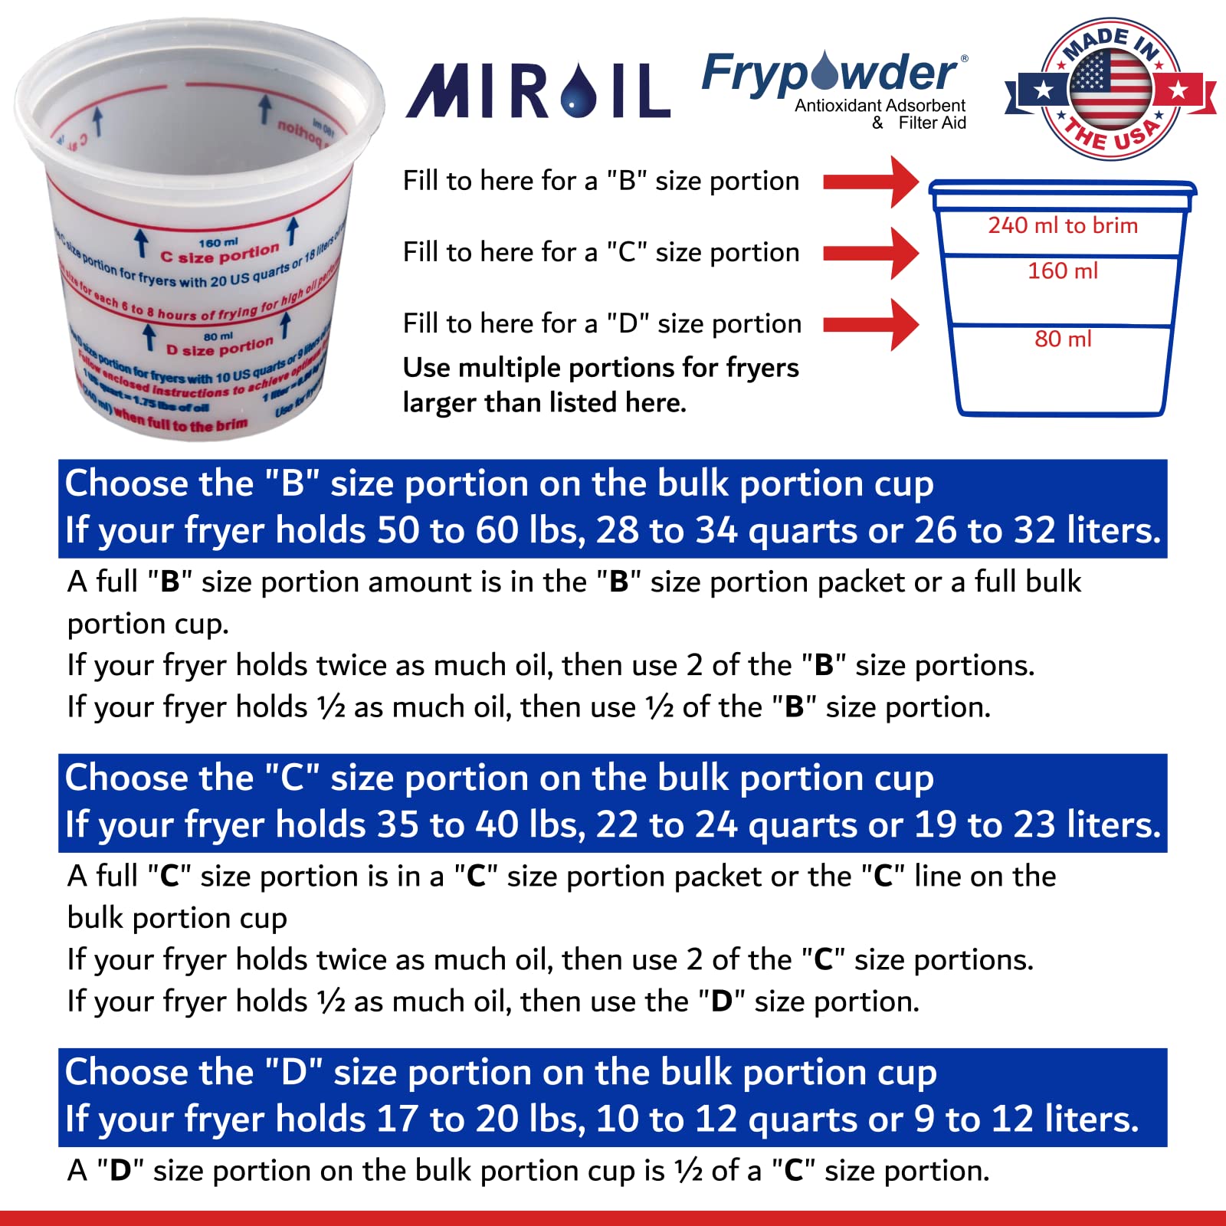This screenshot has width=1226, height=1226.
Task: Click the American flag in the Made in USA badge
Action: [1110, 88]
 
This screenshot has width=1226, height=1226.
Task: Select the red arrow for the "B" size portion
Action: [870, 182]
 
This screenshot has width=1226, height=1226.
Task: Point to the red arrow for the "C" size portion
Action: [870, 253]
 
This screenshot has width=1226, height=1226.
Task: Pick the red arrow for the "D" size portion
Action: [870, 325]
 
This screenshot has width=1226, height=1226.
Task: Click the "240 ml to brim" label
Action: [1062, 225]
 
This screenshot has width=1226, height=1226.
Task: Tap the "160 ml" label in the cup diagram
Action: [1062, 270]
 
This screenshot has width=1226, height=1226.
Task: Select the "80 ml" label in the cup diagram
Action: [1062, 339]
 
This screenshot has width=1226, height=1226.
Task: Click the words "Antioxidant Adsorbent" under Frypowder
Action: [880, 106]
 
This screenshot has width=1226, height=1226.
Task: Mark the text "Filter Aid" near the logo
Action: [932, 123]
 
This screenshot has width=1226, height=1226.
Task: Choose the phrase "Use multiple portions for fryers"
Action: [601, 368]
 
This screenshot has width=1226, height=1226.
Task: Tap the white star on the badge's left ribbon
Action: [1042, 90]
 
